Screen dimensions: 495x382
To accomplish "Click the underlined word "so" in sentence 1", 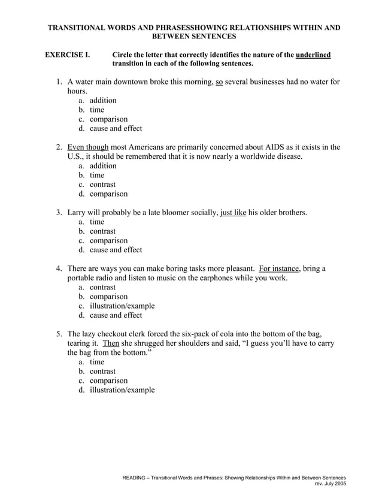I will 219,82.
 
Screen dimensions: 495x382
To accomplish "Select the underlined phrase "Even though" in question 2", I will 88,147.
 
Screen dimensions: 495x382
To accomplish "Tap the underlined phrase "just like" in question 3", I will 234,212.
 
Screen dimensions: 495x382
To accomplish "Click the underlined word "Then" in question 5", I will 111,343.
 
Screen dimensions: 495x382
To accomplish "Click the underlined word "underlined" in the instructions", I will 313,55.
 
